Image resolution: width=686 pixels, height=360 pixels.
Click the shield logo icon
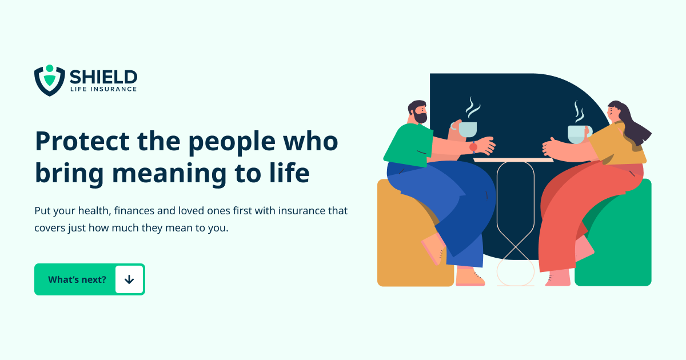[49, 80]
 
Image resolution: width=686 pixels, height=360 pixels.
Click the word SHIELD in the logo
[103, 77]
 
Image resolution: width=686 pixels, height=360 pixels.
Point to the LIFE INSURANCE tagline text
[103, 89]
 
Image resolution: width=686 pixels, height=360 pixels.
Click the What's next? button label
[77, 279]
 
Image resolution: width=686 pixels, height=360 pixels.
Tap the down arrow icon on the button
[129, 279]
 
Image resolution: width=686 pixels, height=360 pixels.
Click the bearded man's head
[417, 112]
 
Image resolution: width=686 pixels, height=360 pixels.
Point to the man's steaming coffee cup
[468, 129]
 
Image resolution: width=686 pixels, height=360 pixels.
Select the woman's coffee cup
[579, 133]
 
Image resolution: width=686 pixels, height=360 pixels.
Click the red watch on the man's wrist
[473, 147]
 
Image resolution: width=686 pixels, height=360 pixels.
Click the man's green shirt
[409, 143]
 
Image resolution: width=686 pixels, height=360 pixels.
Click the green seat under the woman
[620, 246]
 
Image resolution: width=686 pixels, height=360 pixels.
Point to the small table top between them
[513, 160]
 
